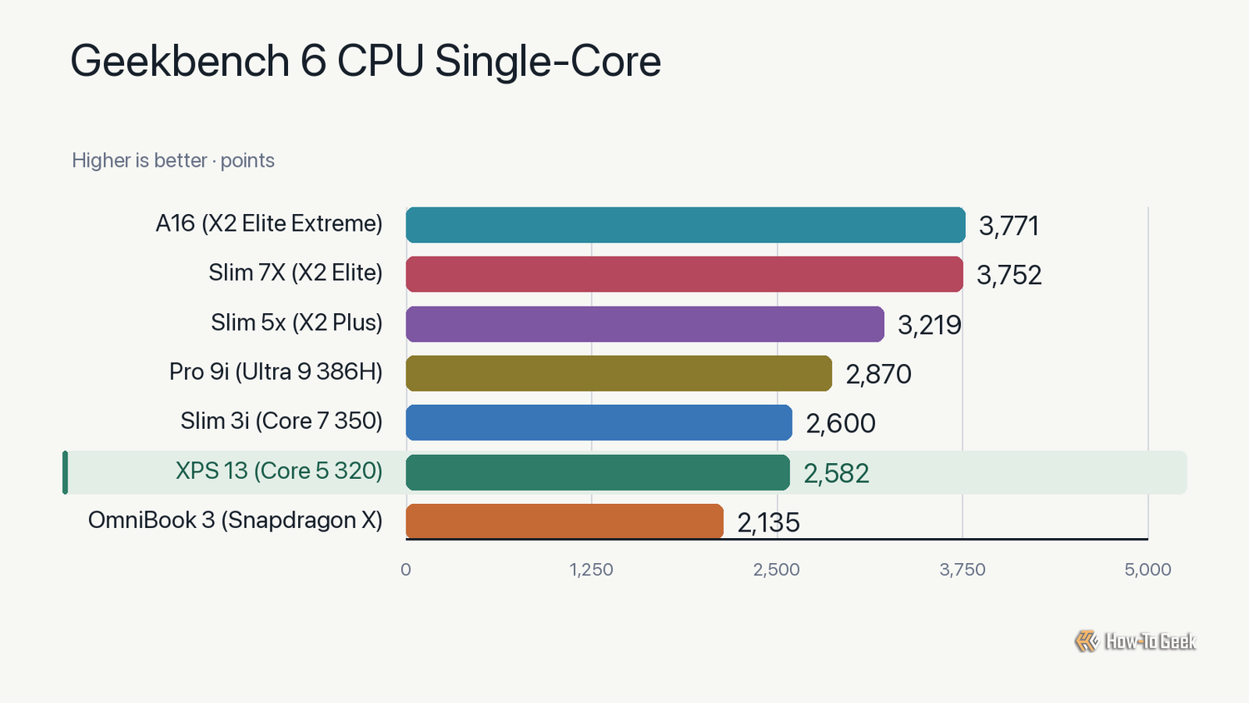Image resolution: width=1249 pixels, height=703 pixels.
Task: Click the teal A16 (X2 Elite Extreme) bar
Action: click(685, 225)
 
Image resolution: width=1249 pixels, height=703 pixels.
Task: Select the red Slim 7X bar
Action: click(684, 274)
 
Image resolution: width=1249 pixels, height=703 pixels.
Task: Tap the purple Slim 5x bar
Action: click(645, 324)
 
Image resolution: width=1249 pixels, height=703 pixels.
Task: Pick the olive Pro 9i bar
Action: click(619, 373)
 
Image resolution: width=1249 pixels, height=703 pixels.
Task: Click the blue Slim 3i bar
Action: click(599, 422)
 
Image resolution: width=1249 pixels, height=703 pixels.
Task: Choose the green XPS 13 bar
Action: click(598, 472)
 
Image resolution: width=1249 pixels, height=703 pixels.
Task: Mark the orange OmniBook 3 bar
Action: click(565, 521)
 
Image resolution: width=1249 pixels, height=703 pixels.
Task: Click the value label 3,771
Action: click(1008, 226)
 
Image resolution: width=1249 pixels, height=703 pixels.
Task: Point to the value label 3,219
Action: click(929, 325)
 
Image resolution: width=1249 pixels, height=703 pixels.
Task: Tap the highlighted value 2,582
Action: click(836, 473)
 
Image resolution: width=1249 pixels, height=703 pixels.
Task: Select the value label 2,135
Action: click(769, 523)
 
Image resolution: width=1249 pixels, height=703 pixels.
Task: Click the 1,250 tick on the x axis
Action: click(591, 570)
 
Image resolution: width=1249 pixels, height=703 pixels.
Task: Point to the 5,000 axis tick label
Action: click(1147, 570)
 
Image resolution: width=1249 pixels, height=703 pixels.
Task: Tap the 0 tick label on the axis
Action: click(406, 570)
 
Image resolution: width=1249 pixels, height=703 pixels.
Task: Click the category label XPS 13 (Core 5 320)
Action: click(279, 471)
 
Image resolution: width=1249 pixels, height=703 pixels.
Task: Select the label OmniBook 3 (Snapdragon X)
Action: click(236, 520)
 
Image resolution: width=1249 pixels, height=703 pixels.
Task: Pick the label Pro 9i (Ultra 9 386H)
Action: click(276, 372)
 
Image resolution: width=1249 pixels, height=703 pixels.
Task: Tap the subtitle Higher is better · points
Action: click(173, 161)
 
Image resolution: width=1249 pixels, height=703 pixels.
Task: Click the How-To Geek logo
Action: click(1135, 641)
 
